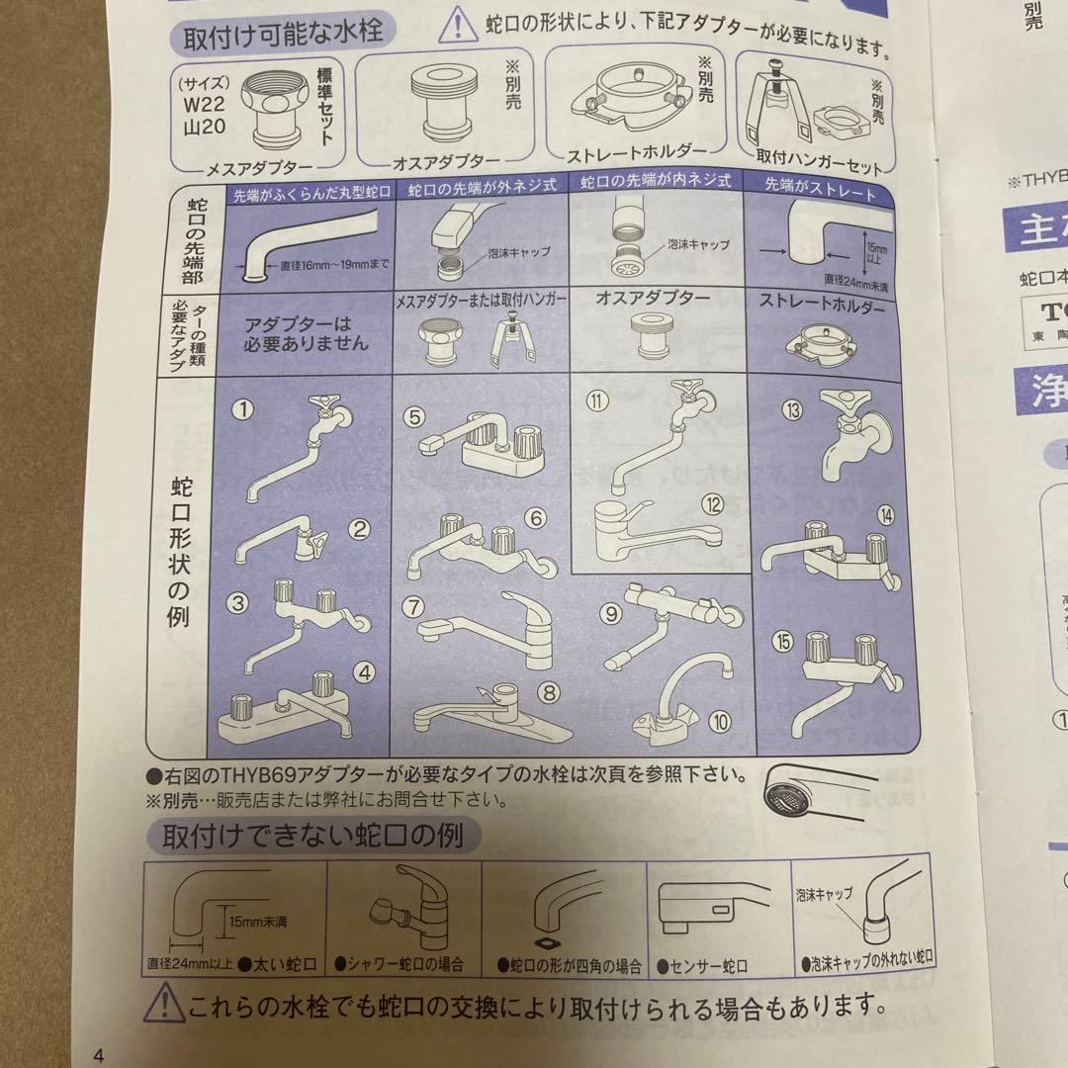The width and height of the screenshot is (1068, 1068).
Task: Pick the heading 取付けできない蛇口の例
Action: coord(313,836)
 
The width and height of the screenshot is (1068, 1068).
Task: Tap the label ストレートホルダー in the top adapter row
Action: coord(637,152)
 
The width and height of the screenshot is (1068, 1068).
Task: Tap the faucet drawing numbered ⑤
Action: coord(475,439)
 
